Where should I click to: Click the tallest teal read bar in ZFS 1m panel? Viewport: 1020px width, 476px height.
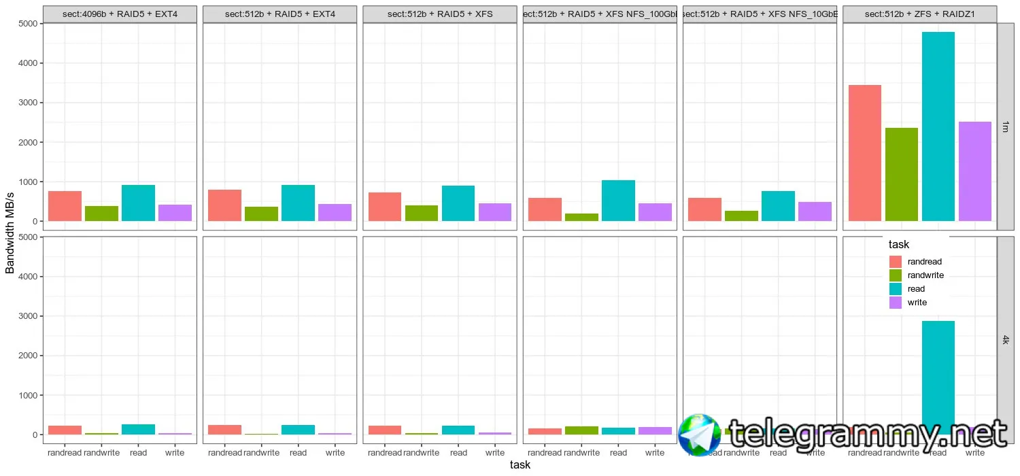coord(938,126)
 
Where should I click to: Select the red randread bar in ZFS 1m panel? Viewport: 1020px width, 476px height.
coord(865,153)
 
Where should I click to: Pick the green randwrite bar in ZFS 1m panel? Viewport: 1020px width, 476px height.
coord(902,174)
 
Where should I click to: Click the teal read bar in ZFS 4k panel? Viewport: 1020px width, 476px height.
coord(938,367)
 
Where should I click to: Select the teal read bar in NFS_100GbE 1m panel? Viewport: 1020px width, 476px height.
coord(619,201)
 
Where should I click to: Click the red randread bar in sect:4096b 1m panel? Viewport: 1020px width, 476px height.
coord(65,206)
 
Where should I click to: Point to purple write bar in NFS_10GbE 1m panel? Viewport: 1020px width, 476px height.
coord(815,211)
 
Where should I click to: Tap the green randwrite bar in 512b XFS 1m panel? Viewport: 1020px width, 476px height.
coord(421,213)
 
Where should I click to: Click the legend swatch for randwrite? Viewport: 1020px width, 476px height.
coord(896,275)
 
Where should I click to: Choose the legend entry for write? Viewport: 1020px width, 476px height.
coord(917,303)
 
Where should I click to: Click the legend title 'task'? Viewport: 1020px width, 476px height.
coord(899,245)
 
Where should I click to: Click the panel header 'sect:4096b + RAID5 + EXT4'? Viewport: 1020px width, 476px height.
coord(120,14)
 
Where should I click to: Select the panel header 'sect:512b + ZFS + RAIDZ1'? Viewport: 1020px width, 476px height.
coord(919,14)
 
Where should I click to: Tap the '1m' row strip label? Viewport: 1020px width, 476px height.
coord(1006,126)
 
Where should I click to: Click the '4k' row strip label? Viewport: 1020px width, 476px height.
coord(1006,340)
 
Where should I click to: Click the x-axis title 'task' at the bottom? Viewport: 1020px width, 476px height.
coord(520,465)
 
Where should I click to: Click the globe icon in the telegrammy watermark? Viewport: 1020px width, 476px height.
coord(698,435)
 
